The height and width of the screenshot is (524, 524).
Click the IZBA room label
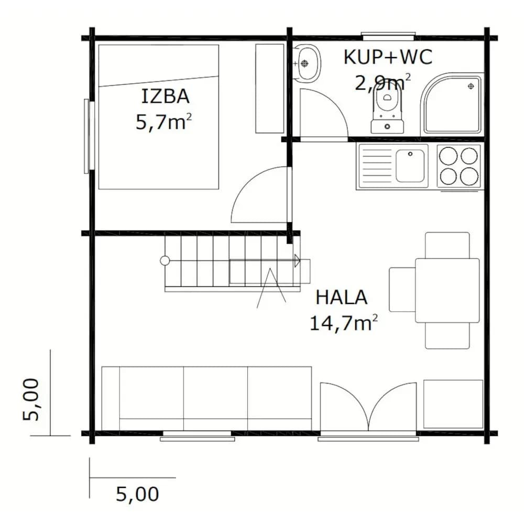pos(166,96)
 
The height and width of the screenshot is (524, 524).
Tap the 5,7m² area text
pos(163,122)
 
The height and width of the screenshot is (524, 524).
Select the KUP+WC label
pos(388,57)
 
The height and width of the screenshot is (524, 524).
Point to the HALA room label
pos(342,298)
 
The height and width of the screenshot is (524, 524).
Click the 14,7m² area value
pos(344,323)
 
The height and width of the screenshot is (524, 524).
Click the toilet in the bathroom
pos(387,110)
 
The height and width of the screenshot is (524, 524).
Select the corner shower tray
pos(452,104)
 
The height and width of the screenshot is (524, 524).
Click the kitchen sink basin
pos(410,166)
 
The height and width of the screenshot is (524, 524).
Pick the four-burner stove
pos(458,167)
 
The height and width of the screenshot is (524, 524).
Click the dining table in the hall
pos(447,290)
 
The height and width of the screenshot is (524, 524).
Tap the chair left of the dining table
pos(402,289)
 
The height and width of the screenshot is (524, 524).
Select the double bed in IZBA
pos(159,117)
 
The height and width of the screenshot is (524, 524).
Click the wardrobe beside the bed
pos(270,89)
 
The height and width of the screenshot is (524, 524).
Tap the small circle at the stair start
pos(165,260)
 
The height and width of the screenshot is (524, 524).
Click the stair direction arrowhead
pos(297,260)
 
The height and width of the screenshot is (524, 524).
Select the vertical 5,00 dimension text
pos(31,399)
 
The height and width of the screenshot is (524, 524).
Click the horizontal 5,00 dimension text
pos(137,494)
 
